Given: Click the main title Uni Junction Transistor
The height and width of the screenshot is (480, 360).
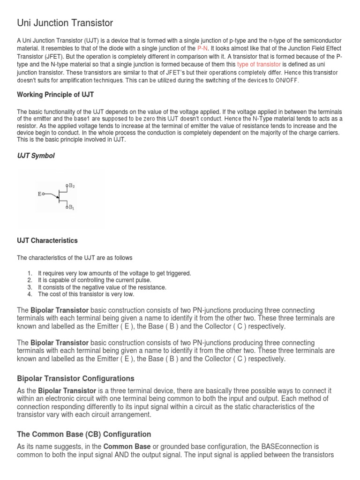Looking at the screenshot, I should (x=65, y=22).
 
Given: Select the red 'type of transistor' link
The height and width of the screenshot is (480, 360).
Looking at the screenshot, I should (x=259, y=64).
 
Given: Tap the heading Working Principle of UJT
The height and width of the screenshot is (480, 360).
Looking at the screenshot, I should (x=55, y=95).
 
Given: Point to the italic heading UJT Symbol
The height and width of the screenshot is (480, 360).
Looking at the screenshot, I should (x=36, y=156).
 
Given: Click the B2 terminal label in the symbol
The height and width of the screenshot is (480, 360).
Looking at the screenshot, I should (x=72, y=186).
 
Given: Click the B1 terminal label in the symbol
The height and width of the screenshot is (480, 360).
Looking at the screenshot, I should (x=72, y=207).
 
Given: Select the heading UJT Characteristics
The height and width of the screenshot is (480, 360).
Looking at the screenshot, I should (x=47, y=240).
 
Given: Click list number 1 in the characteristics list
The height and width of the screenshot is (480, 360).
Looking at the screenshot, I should (x=30, y=273).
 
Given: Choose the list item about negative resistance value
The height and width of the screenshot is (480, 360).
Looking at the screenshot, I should (x=102, y=287).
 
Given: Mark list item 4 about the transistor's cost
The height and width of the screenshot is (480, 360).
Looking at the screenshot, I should (x=86, y=294).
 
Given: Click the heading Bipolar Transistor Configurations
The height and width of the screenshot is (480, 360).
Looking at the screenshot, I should (x=75, y=378).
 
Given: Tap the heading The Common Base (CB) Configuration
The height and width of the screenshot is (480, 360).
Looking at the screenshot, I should (x=84, y=434).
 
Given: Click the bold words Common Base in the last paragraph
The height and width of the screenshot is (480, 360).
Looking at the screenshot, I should (x=125, y=447).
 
